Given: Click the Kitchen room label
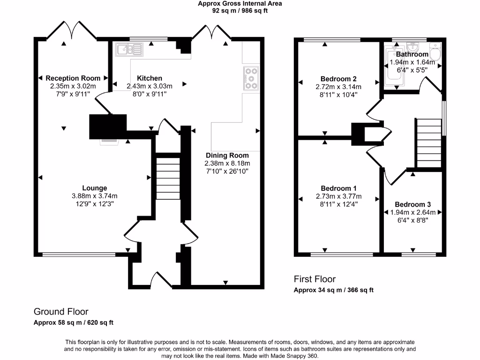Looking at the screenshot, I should pyautogui.click(x=150, y=78).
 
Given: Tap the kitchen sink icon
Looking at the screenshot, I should pyautogui.click(x=129, y=49).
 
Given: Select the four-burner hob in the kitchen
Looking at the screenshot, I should pyautogui.click(x=251, y=78).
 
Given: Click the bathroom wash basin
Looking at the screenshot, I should pyautogui.click(x=413, y=47).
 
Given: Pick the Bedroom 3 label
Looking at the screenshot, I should pyautogui.click(x=412, y=204).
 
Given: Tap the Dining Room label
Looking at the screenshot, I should pyautogui.click(x=227, y=155).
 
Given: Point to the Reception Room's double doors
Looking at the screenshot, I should pyautogui.click(x=72, y=30).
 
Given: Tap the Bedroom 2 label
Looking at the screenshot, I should pyautogui.click(x=338, y=79).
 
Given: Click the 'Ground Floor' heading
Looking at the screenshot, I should pyautogui.click(x=61, y=311).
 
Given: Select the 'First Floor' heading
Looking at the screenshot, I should pyautogui.click(x=315, y=279).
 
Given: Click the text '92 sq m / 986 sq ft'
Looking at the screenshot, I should pyautogui.click(x=240, y=10).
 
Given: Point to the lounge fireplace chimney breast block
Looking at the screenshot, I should pyautogui.click(x=108, y=127).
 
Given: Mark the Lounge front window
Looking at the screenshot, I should pyautogui.click(x=79, y=255).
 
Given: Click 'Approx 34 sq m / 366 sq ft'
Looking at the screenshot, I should pyautogui.click(x=333, y=290).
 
